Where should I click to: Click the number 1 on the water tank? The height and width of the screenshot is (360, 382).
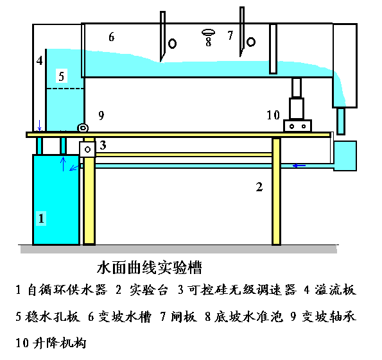(x=41, y=218)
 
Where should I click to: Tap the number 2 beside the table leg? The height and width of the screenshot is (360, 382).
(x=259, y=187)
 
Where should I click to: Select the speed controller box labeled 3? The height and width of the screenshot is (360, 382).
(x=87, y=150)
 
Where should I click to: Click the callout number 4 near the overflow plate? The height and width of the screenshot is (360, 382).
(x=39, y=60)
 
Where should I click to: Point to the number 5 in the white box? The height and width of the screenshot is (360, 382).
(x=62, y=76)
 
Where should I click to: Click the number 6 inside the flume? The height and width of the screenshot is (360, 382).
(x=111, y=37)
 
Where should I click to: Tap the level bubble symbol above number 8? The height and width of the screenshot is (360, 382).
(x=208, y=32)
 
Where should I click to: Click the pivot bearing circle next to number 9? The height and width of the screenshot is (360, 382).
(x=83, y=128)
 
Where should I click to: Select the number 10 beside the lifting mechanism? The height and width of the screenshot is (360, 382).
(x=273, y=115)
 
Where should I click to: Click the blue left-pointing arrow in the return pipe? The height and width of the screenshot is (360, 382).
(x=299, y=166)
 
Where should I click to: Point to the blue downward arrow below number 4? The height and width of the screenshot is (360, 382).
(x=40, y=125)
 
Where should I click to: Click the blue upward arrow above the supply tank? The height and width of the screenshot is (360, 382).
(x=63, y=164)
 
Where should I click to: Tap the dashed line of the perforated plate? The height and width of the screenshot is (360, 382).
(x=65, y=89)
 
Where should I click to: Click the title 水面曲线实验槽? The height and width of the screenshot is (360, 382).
(x=150, y=268)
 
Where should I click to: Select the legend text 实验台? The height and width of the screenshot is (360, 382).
(x=148, y=290)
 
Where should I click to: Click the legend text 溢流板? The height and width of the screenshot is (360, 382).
(x=335, y=290)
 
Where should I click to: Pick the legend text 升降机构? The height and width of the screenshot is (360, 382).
(x=60, y=343)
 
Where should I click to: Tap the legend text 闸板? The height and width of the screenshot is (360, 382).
(x=184, y=316)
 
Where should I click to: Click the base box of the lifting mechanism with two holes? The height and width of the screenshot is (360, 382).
(x=297, y=126)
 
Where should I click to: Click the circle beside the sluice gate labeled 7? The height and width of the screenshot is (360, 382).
(x=250, y=42)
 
